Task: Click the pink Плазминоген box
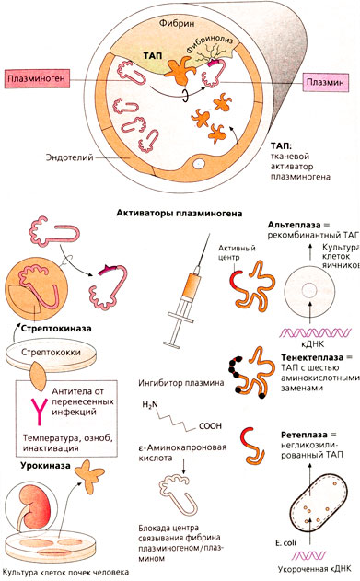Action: [x=35, y=78]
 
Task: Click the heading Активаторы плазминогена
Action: [x=180, y=212]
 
